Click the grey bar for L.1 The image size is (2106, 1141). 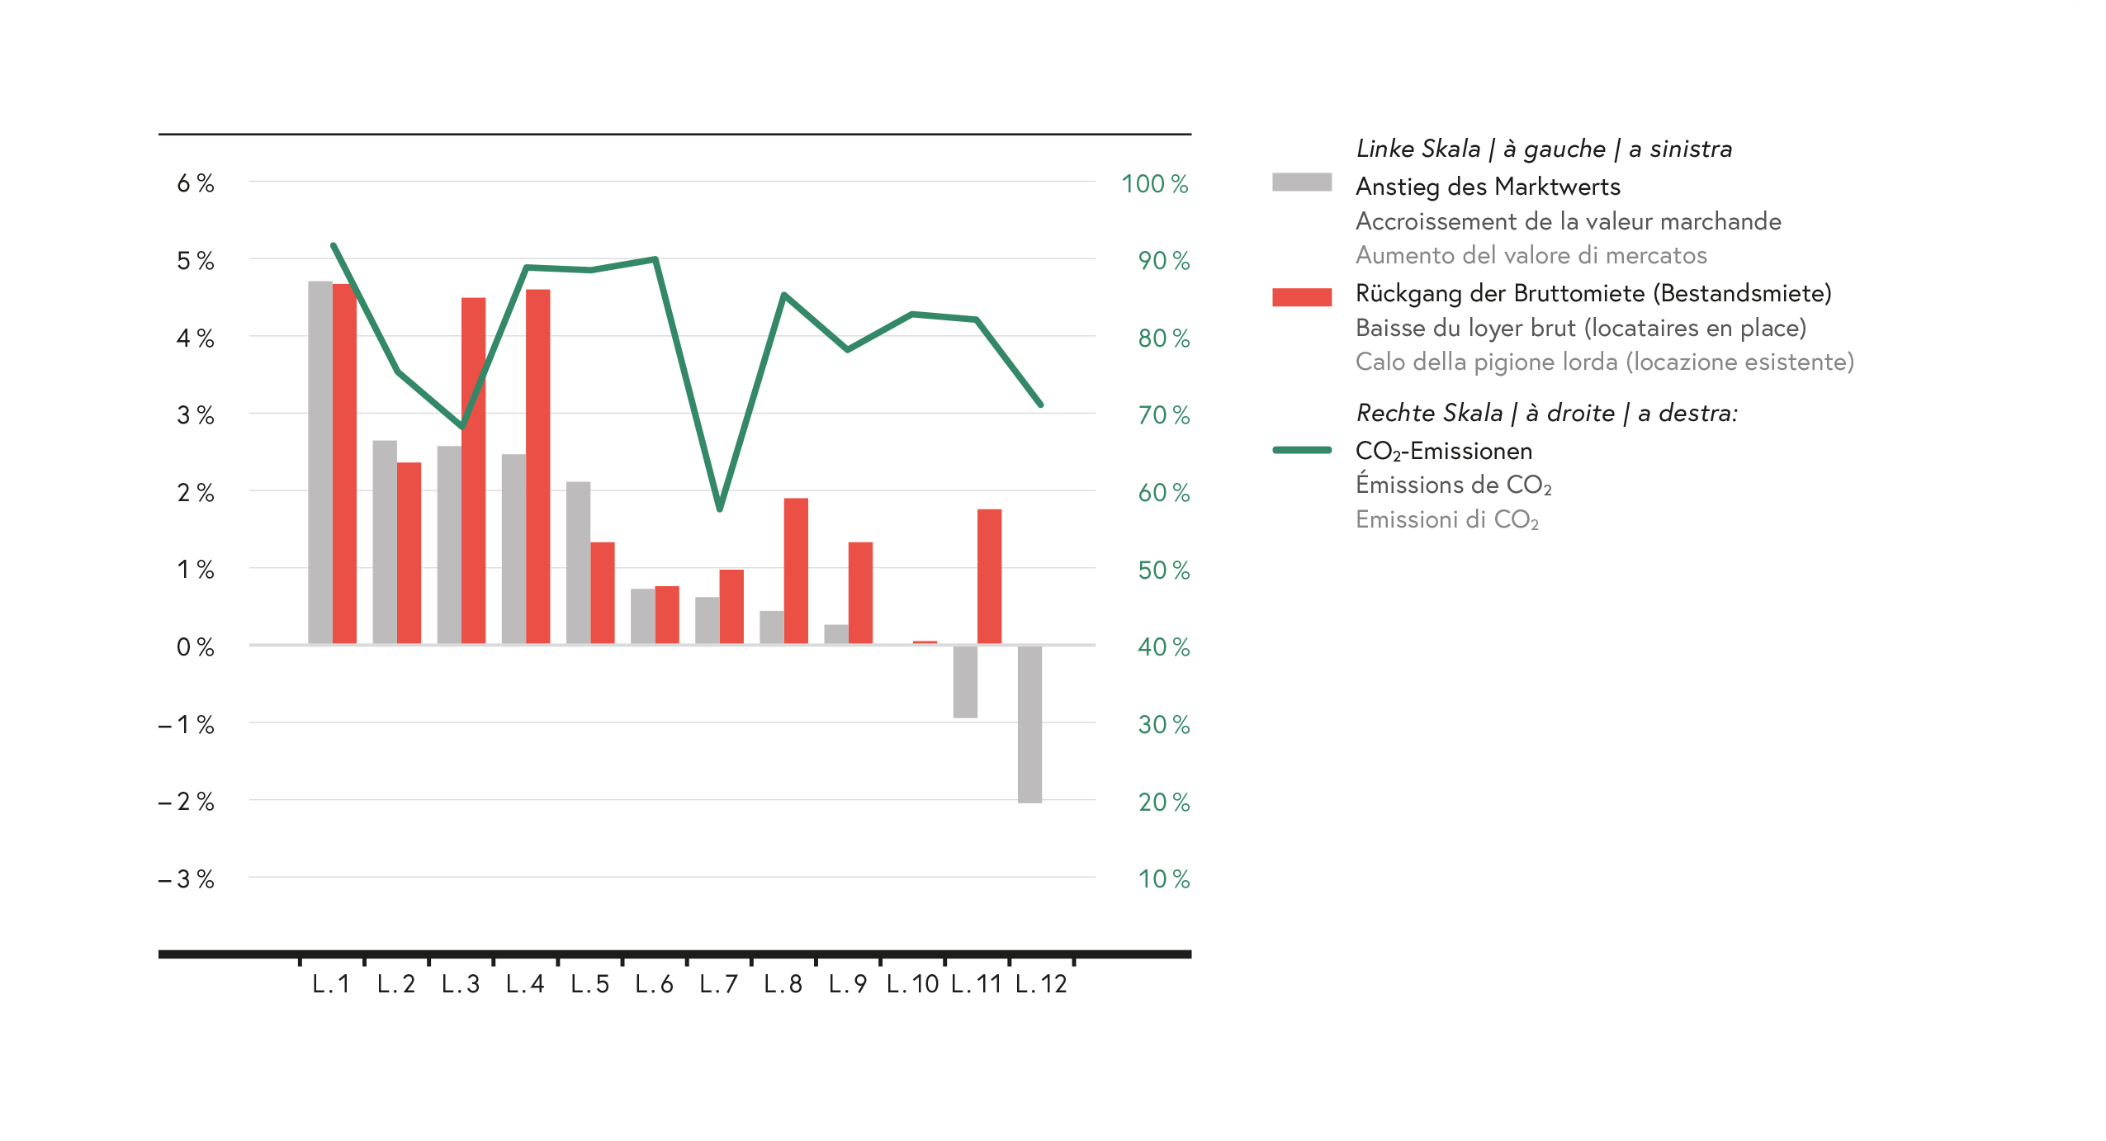click(319, 462)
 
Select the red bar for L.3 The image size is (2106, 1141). click(473, 471)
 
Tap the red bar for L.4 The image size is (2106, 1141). click(537, 466)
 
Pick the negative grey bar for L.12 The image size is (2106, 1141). click(1029, 723)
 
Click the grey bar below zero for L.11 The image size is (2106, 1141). click(965, 681)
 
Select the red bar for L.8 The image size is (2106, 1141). click(796, 570)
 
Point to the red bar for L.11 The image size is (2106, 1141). click(989, 576)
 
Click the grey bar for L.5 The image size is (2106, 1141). click(578, 562)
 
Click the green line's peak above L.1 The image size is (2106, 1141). click(333, 245)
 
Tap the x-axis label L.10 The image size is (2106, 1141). click(912, 984)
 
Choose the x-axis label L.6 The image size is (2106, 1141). click(654, 984)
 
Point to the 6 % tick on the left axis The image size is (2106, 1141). click(196, 183)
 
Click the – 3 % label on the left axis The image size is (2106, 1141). click(187, 879)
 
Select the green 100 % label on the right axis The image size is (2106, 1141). click(1154, 183)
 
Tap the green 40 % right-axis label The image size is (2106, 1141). click(1163, 646)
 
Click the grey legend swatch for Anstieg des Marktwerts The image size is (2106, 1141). click(1301, 182)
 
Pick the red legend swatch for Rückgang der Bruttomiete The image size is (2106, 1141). click(1301, 297)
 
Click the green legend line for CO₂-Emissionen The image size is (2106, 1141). click(1301, 450)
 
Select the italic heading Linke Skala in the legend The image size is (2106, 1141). click(1418, 149)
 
